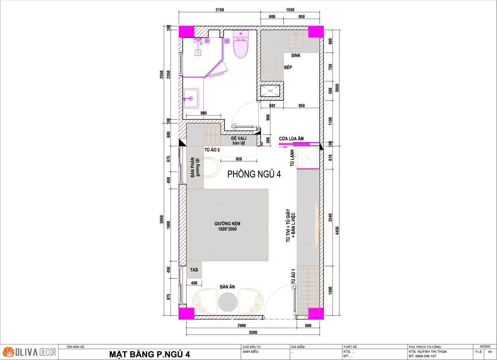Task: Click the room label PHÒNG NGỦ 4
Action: tap(254, 174)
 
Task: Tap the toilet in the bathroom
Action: tap(241, 45)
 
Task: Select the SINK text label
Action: tap(296, 55)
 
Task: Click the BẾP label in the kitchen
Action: tap(288, 67)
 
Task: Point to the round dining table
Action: tap(228, 302)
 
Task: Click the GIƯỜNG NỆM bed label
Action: tap(227, 224)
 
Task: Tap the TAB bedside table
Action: tap(194, 270)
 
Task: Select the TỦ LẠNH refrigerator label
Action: tap(292, 158)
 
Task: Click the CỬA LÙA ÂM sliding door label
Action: tap(291, 139)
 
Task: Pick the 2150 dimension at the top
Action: tap(220, 10)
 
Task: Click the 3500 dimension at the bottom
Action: tap(253, 332)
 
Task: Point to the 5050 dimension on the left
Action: tap(162, 219)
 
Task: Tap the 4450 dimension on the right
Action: tap(337, 231)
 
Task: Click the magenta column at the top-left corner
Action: tap(186, 31)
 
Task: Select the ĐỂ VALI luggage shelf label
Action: tap(239, 138)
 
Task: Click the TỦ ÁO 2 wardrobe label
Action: tap(212, 150)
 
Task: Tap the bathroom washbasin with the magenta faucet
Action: tap(191, 98)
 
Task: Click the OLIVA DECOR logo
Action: tap(30, 352)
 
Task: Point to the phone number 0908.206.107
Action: tap(426, 356)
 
